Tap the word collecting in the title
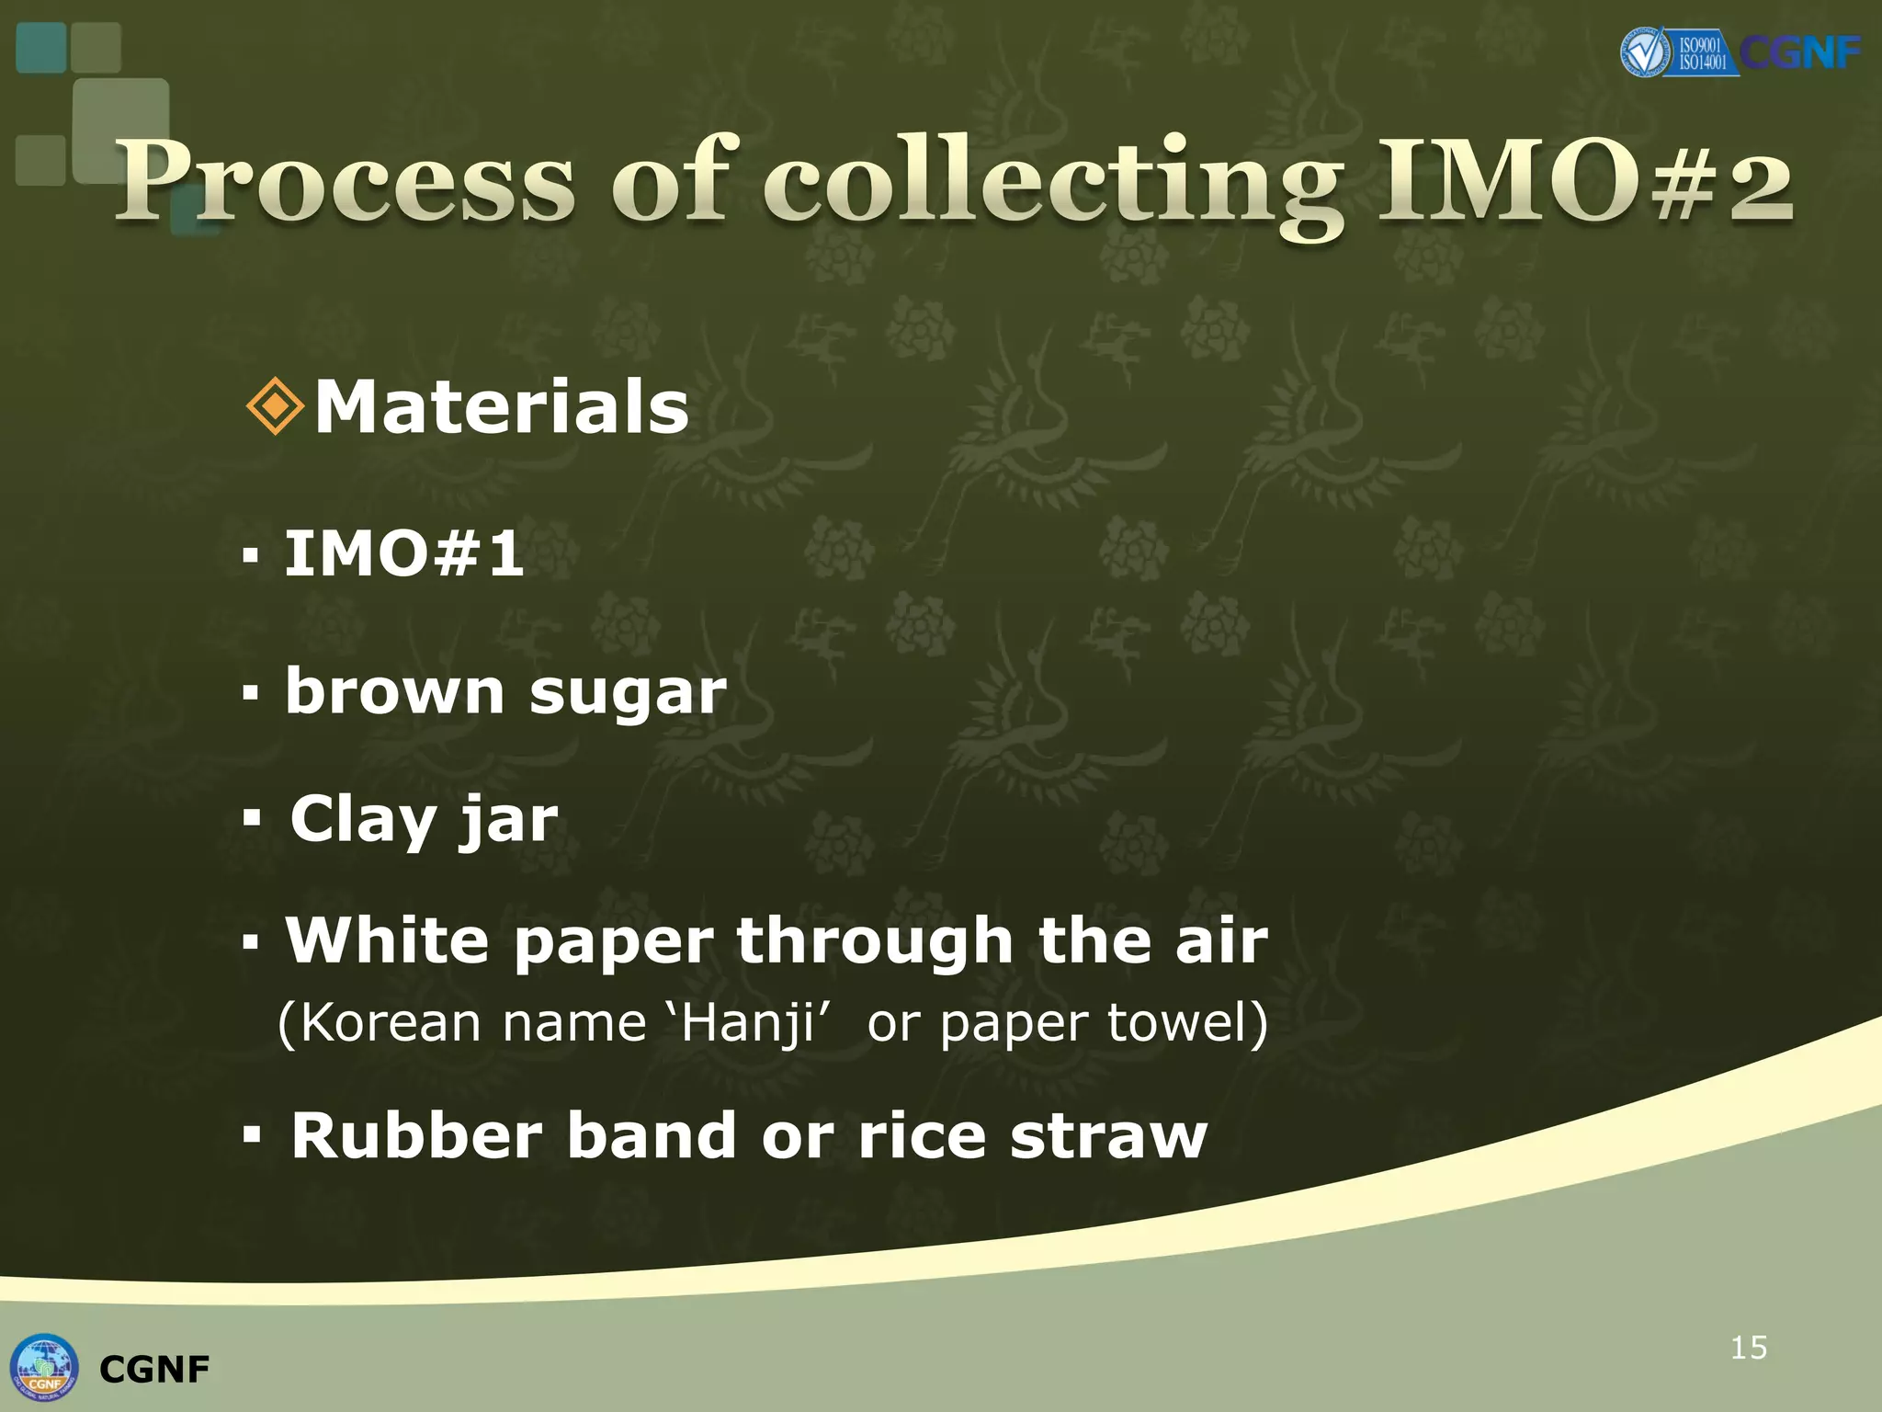pyautogui.click(x=1051, y=184)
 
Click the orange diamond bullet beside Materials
pyautogui.click(x=276, y=406)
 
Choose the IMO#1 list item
pyautogui.click(x=404, y=553)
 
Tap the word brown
pyautogui.click(x=394, y=691)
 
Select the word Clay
pyautogui.click(x=362, y=820)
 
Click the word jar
pyautogui.click(x=509, y=820)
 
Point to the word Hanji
pyautogui.click(x=748, y=1023)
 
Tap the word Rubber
pyautogui.click(x=417, y=1136)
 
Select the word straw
pyautogui.click(x=1108, y=1136)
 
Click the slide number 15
pyautogui.click(x=1749, y=1348)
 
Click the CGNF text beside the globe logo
pyautogui.click(x=154, y=1370)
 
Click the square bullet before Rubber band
pyautogui.click(x=252, y=1136)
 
